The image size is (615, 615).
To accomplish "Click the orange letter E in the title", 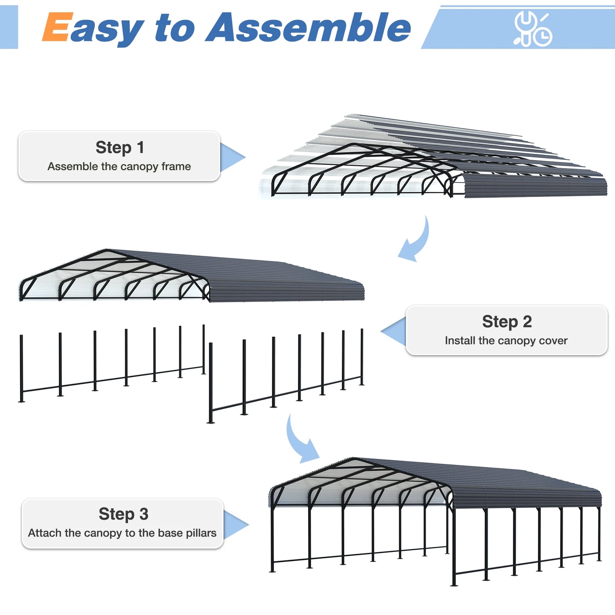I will click(55, 27).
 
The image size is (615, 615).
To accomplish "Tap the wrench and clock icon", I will click(532, 29).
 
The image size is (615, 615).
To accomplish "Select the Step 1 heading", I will click(120, 148).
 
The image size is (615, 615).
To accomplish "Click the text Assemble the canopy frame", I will click(119, 166).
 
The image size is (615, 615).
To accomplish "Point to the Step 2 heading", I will click(506, 322).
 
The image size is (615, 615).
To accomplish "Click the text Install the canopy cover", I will click(506, 340).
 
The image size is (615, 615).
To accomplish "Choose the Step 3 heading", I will click(123, 514).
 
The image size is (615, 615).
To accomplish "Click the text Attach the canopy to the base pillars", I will click(122, 533).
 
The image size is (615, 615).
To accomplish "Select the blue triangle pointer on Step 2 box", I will click(395, 331).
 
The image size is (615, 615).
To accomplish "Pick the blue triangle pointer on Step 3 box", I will click(235, 524).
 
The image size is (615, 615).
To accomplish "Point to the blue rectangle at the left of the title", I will click(9, 27).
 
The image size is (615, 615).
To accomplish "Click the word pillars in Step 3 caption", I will click(201, 533).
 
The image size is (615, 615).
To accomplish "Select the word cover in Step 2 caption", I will click(553, 340).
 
